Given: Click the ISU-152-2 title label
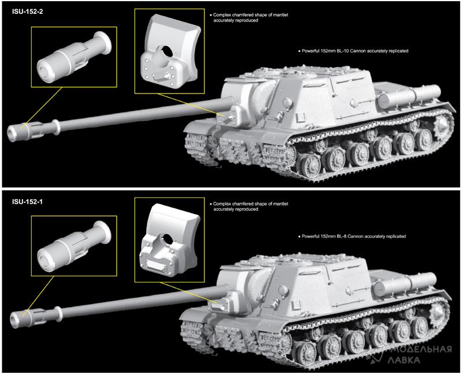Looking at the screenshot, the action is point(27,12).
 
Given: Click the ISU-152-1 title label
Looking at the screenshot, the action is point(27,202).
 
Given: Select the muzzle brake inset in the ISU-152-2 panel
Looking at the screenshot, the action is point(74,57).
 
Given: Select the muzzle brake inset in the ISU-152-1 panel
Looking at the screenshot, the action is point(74,246).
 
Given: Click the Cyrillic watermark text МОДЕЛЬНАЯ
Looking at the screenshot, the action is point(421,350).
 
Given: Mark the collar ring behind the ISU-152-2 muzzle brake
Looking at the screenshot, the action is point(55,126).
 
